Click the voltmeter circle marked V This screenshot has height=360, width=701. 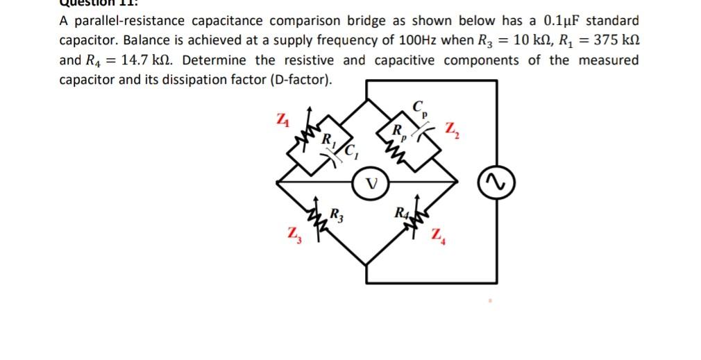pos(372,184)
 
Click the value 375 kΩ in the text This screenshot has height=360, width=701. pos(611,40)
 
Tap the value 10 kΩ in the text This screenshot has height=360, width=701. pos(527,40)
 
